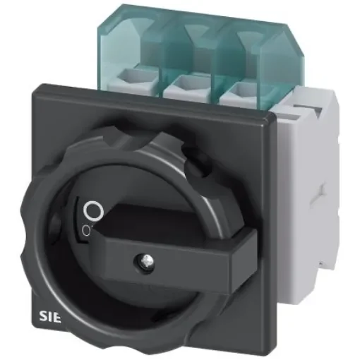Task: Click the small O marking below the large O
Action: (85, 231)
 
